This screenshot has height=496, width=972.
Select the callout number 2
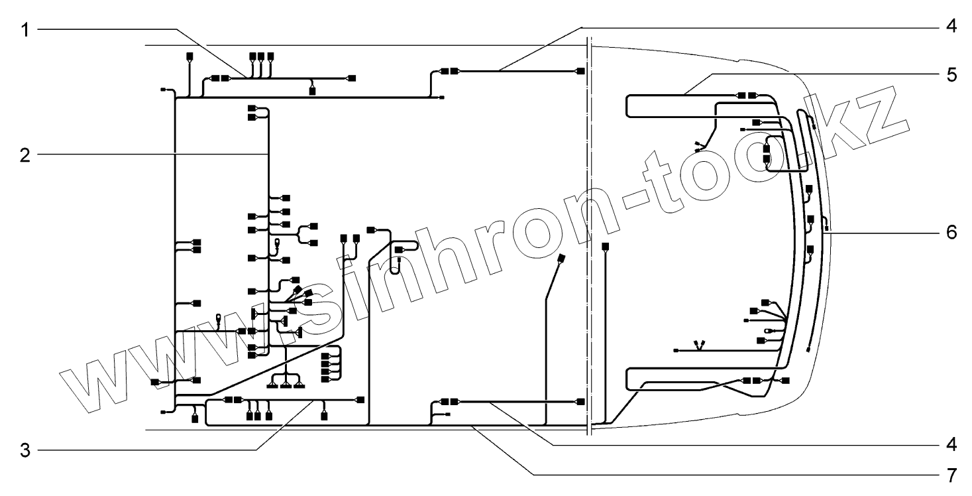point(24,155)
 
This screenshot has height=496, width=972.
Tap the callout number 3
point(24,450)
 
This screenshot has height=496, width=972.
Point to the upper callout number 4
point(951,29)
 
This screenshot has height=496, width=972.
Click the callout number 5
point(951,74)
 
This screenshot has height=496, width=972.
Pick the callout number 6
point(951,233)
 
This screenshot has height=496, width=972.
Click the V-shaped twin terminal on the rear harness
point(698,344)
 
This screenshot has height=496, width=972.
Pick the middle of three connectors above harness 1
point(261,56)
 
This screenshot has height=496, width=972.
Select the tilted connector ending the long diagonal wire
point(562,258)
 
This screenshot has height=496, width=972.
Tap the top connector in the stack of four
point(325,357)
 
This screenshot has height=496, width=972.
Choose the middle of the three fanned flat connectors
point(286,385)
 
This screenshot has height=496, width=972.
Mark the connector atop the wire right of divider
point(605,247)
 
